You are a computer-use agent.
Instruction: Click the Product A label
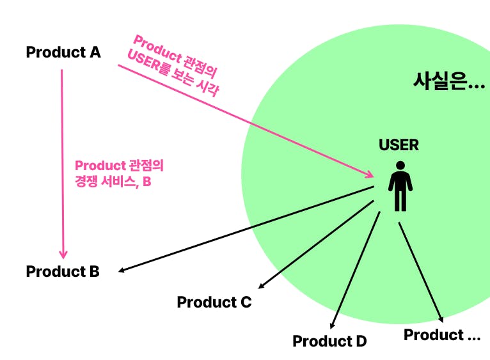point(63,52)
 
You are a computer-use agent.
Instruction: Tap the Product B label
point(63,271)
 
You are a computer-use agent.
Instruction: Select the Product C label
point(214,302)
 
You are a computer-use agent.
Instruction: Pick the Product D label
point(329,341)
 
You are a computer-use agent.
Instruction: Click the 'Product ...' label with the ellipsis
point(442,334)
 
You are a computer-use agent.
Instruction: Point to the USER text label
point(399,145)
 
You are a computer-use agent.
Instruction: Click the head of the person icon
point(400,165)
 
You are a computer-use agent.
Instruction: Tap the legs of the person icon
point(400,200)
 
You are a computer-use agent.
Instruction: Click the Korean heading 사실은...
point(448,81)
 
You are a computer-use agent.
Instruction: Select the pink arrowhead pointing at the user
point(370,174)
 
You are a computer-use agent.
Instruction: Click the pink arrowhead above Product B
point(63,253)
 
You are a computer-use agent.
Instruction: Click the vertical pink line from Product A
point(62,160)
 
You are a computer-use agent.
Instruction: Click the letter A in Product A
point(95,52)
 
